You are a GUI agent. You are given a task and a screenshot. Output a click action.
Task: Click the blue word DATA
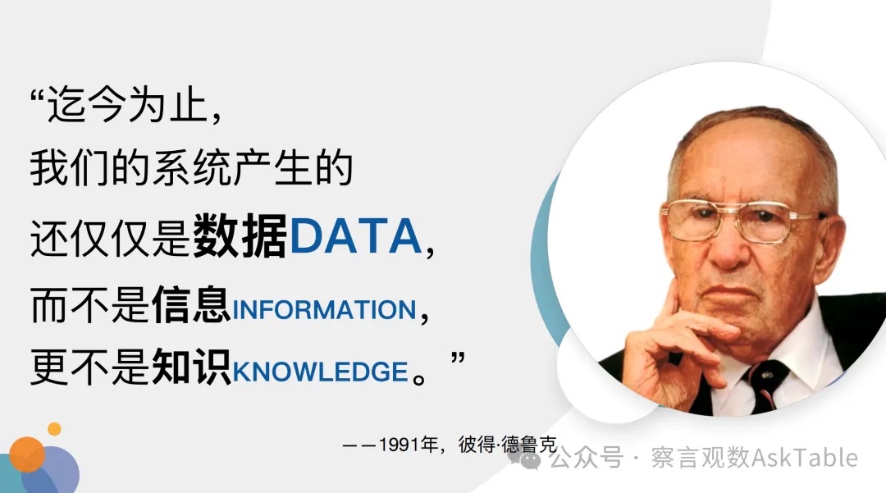coord(354,238)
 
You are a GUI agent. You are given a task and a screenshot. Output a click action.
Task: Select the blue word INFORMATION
coord(324,310)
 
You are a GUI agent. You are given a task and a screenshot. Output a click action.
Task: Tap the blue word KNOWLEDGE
coord(320,372)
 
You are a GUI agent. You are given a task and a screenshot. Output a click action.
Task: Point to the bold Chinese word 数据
coord(240,237)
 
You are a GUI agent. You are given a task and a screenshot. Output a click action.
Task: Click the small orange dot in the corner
coord(54,428)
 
